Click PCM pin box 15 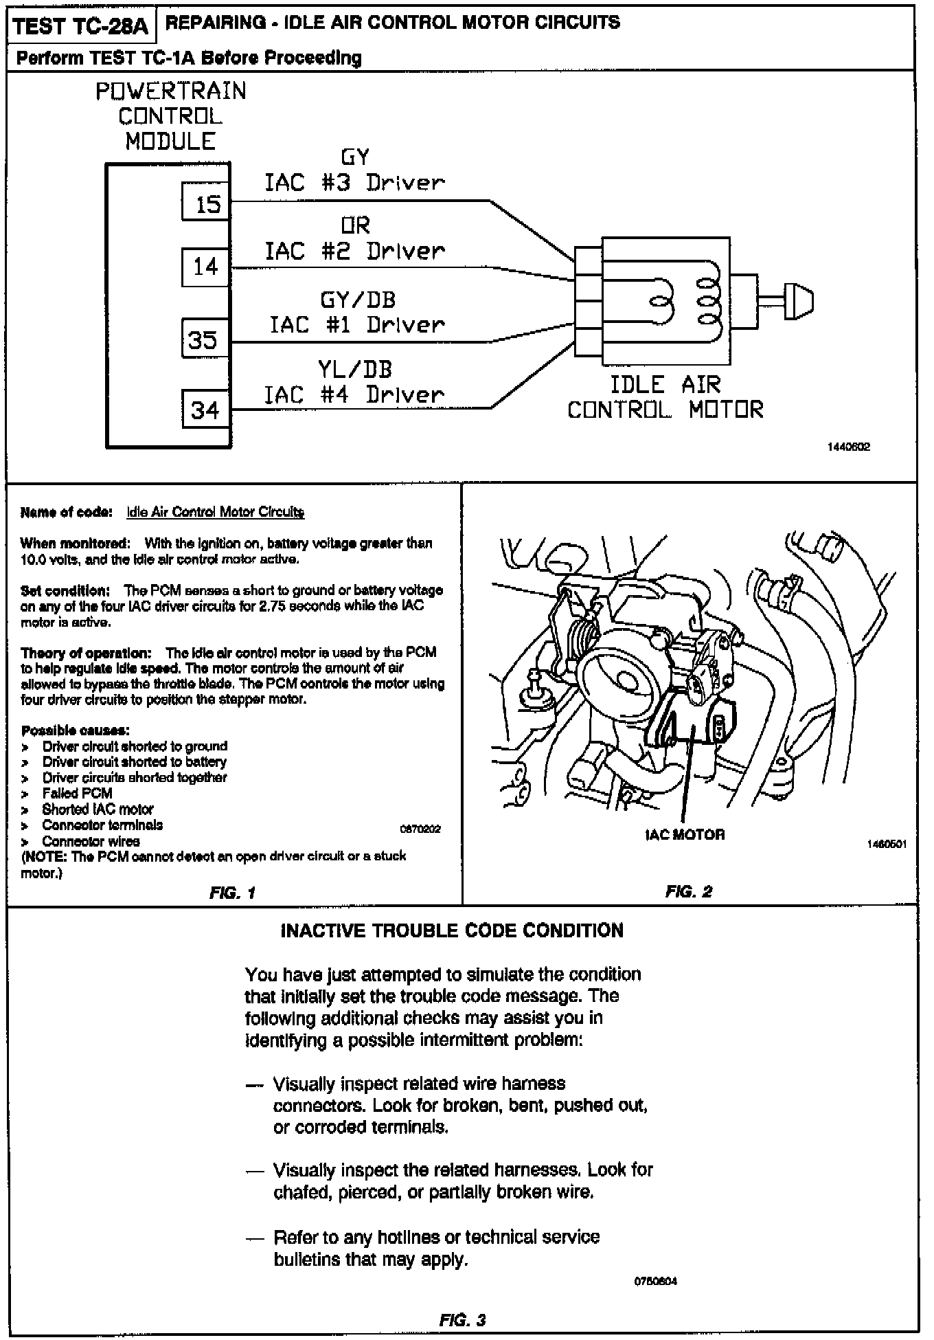pyautogui.click(x=205, y=201)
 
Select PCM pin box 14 pyautogui.click(x=205, y=267)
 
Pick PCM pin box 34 pyautogui.click(x=205, y=410)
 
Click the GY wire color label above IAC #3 pyautogui.click(x=355, y=158)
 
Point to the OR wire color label pyautogui.click(x=355, y=225)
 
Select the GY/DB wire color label pyautogui.click(x=358, y=300)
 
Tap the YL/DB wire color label pyautogui.click(x=355, y=370)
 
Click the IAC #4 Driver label pyautogui.click(x=354, y=394)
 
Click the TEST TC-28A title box pyautogui.click(x=81, y=26)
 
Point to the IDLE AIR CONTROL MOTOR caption pyautogui.click(x=665, y=397)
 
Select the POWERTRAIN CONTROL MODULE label pyautogui.click(x=170, y=116)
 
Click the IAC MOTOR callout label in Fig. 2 pyautogui.click(x=685, y=835)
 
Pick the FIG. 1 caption pyautogui.click(x=232, y=893)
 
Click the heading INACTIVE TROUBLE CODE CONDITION pyautogui.click(x=452, y=930)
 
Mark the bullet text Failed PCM pyautogui.click(x=77, y=793)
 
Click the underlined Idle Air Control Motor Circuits pyautogui.click(x=216, y=512)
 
